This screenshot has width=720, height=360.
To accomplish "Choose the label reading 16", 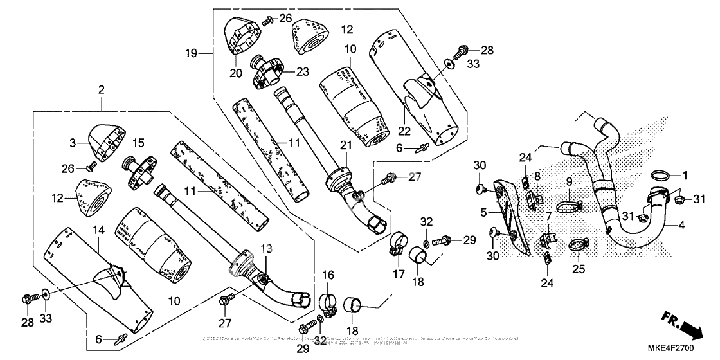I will (329, 276).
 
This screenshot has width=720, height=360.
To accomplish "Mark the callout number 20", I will (237, 73).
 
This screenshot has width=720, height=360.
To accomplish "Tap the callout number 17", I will (397, 274).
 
